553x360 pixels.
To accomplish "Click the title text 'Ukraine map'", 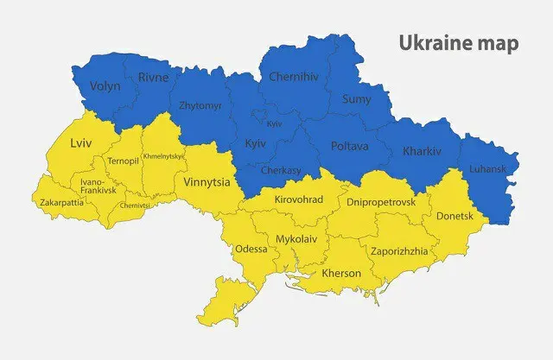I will [x=458, y=43].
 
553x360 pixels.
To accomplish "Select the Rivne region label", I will [x=154, y=78].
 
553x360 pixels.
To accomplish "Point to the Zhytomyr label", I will [x=200, y=106].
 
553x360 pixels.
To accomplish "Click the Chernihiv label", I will [x=294, y=77].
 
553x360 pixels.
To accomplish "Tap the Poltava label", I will [x=347, y=146].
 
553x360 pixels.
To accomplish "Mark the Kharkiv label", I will [x=422, y=152].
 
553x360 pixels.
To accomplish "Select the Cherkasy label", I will [x=281, y=171].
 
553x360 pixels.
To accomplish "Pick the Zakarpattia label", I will [x=62, y=203].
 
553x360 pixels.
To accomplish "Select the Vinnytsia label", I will [x=207, y=183].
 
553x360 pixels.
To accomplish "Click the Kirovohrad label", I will [x=298, y=199].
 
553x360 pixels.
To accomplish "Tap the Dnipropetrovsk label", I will [x=380, y=201].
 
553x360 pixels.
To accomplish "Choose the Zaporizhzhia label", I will [x=398, y=251].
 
